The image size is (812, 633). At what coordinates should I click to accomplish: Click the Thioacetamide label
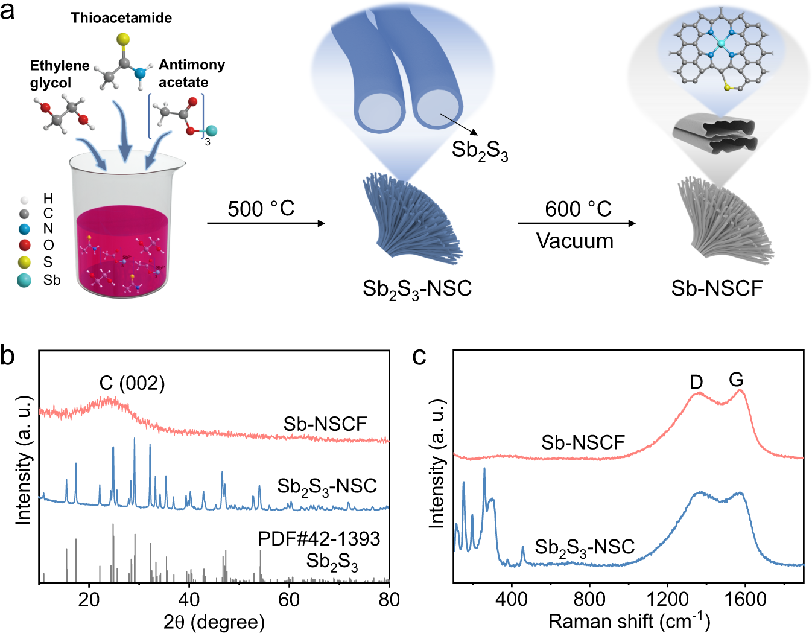(x=121, y=18)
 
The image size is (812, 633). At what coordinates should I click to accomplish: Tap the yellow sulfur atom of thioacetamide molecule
(x=123, y=40)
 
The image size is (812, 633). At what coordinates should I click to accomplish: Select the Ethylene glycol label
(x=59, y=74)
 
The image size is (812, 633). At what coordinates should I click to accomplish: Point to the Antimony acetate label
(x=191, y=73)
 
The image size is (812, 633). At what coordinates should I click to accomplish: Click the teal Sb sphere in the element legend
(x=24, y=280)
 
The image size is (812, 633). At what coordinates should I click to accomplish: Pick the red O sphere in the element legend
(x=25, y=245)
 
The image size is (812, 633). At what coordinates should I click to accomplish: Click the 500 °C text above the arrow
(x=261, y=209)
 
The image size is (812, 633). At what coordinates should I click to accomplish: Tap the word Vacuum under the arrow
(x=574, y=241)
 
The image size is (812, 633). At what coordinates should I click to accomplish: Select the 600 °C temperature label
(x=578, y=209)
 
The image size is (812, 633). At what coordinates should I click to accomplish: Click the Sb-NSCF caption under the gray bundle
(x=717, y=288)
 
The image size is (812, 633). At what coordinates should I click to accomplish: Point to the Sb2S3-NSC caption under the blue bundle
(x=417, y=289)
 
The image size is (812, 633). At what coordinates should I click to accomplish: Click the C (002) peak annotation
(x=132, y=383)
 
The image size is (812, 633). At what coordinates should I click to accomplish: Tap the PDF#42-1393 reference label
(x=319, y=538)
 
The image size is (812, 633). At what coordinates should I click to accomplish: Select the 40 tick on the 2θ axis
(x=189, y=599)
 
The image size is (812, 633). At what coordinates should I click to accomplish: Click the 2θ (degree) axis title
(x=214, y=622)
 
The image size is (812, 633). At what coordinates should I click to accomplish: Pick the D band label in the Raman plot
(x=696, y=382)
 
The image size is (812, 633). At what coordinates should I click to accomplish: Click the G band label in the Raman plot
(x=735, y=380)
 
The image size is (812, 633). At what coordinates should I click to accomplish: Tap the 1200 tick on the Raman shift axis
(x=667, y=599)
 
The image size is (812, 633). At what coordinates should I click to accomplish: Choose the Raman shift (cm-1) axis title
(x=629, y=620)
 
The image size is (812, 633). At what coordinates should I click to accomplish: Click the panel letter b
(x=8, y=356)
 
